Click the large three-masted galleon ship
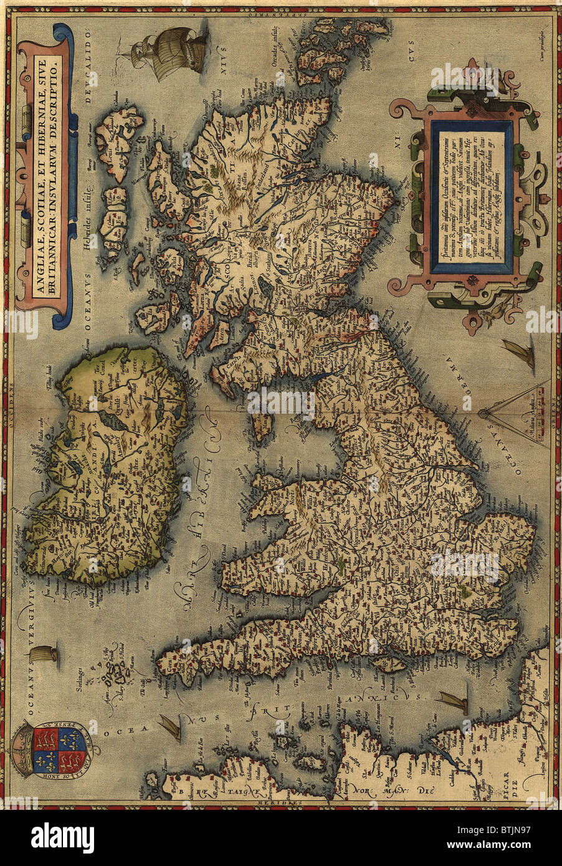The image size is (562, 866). pyautogui.click(x=167, y=54)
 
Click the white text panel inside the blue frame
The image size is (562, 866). pyautogui.click(x=472, y=196)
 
